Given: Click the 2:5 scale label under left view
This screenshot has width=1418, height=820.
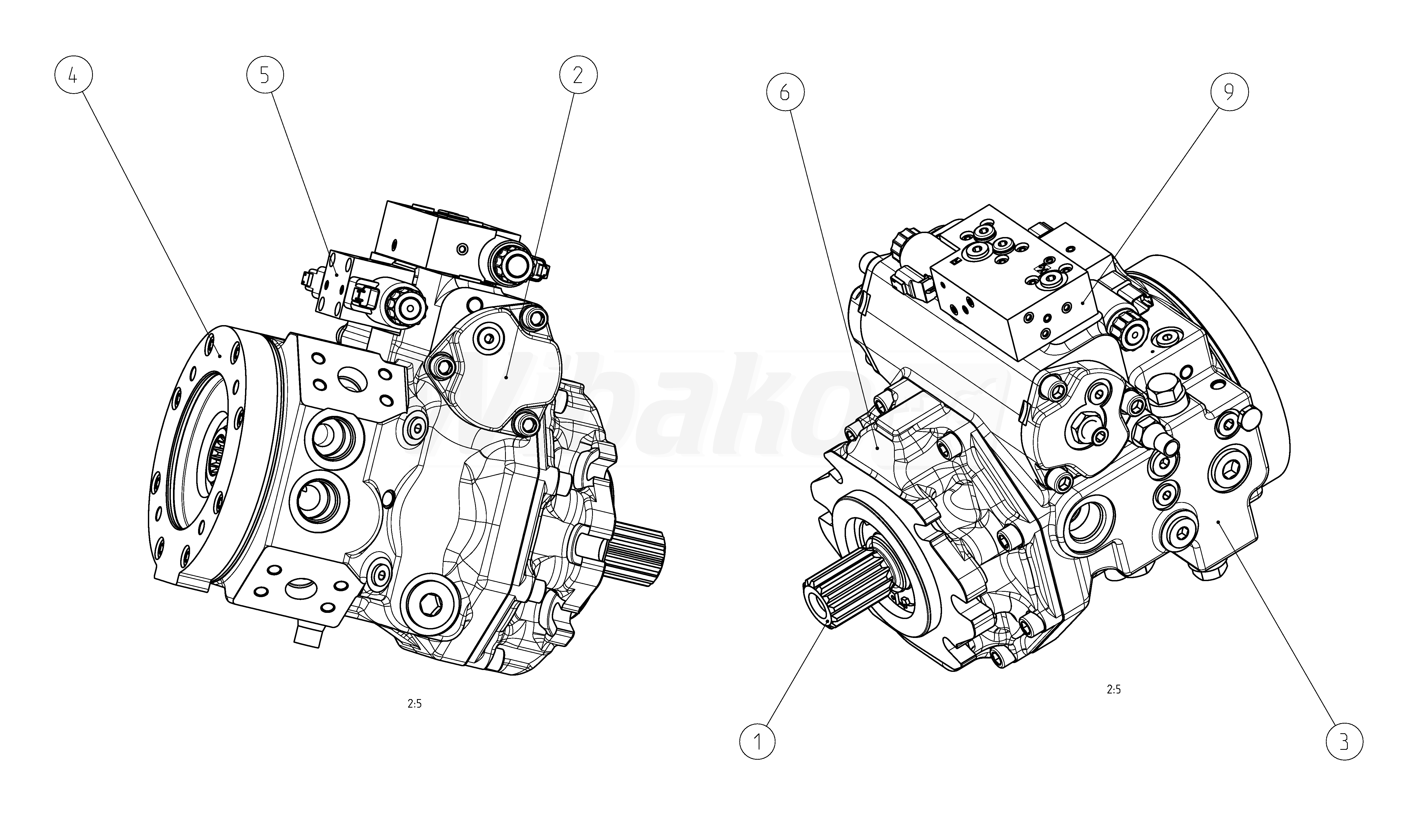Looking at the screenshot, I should point(415,704).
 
